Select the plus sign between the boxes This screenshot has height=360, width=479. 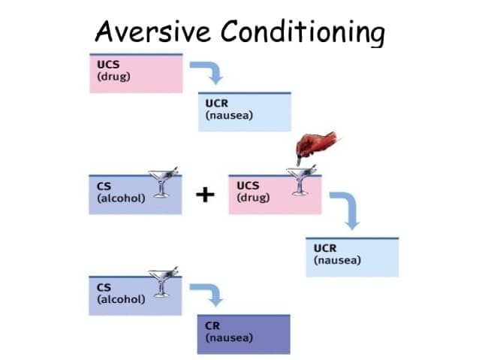[x=204, y=195]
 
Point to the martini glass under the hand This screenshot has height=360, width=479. [x=303, y=180]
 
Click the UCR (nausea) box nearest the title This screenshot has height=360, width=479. [x=243, y=112]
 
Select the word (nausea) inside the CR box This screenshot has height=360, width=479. [x=228, y=338]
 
